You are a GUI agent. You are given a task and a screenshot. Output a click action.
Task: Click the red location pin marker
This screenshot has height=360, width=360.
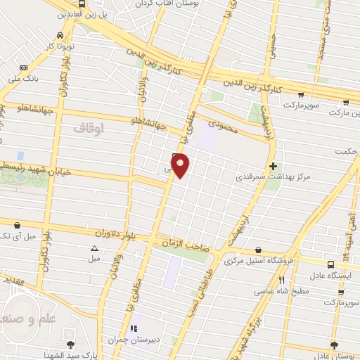click(x=181, y=166)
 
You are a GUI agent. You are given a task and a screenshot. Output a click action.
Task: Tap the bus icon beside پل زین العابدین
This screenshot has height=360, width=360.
click(x=84, y=4)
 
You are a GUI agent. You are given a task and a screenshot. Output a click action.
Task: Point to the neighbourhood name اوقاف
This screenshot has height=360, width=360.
click(x=88, y=128)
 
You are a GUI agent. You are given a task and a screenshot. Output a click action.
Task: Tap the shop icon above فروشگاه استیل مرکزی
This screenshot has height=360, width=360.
click(x=258, y=250)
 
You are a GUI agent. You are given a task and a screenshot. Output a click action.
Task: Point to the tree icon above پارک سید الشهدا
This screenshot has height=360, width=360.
click(x=70, y=344)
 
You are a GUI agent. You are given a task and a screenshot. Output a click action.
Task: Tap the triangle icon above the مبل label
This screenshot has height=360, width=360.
click(x=94, y=248)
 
